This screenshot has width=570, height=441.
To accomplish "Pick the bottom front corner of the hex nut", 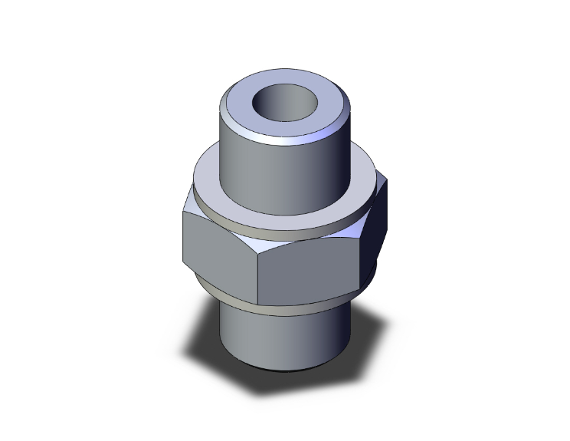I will (x=257, y=304).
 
